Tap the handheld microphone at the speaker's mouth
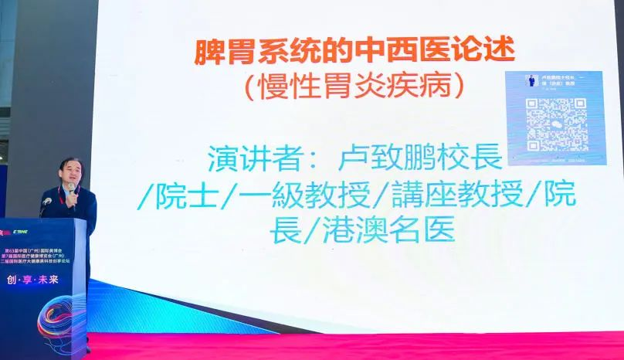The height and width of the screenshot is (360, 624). pyautogui.click(x=72, y=189)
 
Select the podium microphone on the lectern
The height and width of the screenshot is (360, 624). pyautogui.click(x=46, y=202)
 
